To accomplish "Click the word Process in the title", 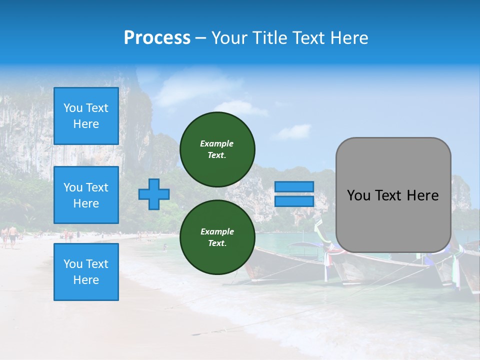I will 157,38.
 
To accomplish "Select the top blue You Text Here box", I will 86,116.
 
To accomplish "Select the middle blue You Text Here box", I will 86,195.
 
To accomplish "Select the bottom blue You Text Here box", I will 86,272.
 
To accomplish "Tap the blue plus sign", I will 153,194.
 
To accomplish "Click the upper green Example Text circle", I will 217,149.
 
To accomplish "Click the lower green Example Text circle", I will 217,237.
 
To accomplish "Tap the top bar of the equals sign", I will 294,186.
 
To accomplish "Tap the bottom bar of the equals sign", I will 294,201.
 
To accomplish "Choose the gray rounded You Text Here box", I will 393,195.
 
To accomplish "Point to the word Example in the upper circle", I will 217,143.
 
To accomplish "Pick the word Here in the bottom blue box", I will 86,280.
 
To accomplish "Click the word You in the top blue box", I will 73,108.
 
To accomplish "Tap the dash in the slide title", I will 200,38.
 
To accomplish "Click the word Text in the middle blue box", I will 97,187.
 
